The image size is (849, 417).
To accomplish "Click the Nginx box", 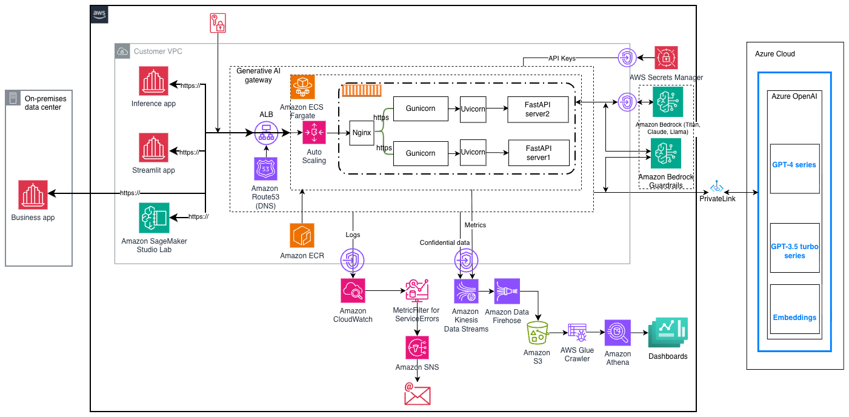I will click(x=361, y=132).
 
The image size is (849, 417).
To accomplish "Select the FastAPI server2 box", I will click(x=539, y=108).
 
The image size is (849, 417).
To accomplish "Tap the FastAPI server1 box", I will click(x=539, y=153).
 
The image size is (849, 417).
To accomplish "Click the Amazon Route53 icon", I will click(x=265, y=169).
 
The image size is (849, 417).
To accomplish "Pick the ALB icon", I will click(x=265, y=132).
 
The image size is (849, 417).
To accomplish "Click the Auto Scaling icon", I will click(x=314, y=132).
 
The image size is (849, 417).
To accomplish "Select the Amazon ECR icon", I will click(x=302, y=235).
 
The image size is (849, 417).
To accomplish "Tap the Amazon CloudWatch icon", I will click(x=353, y=292).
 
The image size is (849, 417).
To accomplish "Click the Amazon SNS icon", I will click(x=417, y=347).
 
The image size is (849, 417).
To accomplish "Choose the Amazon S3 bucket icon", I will click(x=537, y=333).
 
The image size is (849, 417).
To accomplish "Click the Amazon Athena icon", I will click(x=617, y=333).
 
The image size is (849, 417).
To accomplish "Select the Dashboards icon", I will click(x=668, y=332).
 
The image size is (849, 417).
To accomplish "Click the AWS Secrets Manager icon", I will click(x=666, y=58).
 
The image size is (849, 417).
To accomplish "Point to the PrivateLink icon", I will click(x=717, y=185).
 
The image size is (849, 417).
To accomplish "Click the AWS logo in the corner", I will click(x=99, y=15).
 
